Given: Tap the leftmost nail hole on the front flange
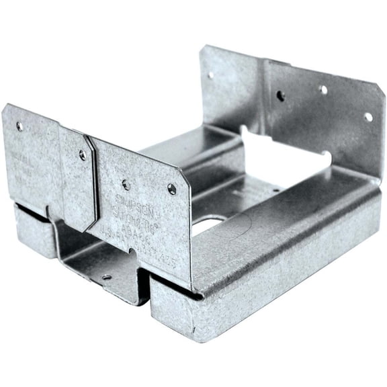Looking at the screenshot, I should pyautogui.click(x=19, y=126).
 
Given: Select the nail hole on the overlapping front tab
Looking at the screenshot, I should pyautogui.click(x=83, y=155).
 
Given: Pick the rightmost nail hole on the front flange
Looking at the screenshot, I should pyautogui.click(x=172, y=189).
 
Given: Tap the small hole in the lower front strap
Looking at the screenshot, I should pyautogui.click(x=106, y=276).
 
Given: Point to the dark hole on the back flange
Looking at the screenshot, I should pyautogui.click(x=280, y=95).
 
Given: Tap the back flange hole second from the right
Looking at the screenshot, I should pyautogui.click(x=323, y=89).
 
